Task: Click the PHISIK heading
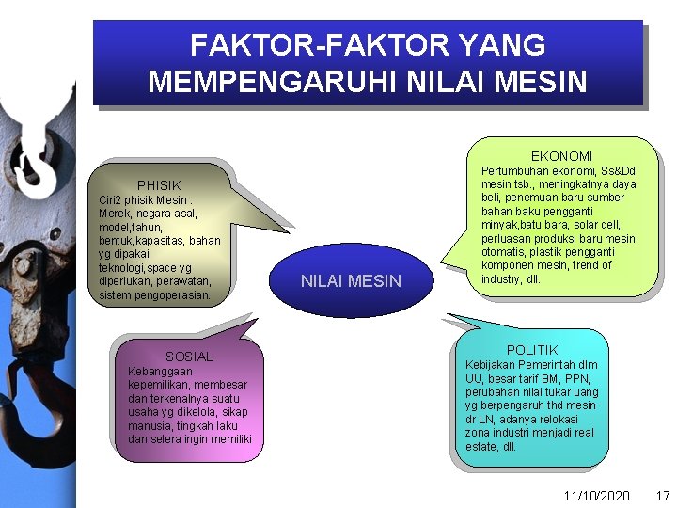(x=159, y=185)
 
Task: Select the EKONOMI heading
(x=561, y=155)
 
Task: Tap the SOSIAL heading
(x=189, y=357)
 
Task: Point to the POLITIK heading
(x=532, y=350)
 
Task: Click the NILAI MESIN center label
(x=351, y=280)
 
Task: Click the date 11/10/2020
(x=596, y=495)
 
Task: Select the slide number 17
(x=662, y=495)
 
